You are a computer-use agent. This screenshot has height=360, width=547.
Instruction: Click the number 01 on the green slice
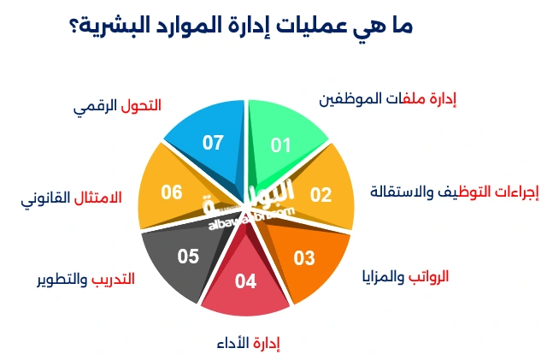tap(280, 145)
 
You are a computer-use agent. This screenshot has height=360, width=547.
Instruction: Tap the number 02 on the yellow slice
tap(321, 194)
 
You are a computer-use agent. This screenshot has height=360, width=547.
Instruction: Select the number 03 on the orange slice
tap(304, 257)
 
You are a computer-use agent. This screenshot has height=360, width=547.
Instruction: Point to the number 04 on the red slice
tap(245, 280)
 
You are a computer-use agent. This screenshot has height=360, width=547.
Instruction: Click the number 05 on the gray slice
tap(188, 256)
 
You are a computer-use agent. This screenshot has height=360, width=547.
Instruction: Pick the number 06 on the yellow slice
tap(172, 192)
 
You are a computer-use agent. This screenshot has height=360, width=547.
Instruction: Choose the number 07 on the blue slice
tap(212, 142)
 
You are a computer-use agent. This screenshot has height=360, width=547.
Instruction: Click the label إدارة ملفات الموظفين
tap(388, 99)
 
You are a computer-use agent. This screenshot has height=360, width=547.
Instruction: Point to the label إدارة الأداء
tap(249, 343)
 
